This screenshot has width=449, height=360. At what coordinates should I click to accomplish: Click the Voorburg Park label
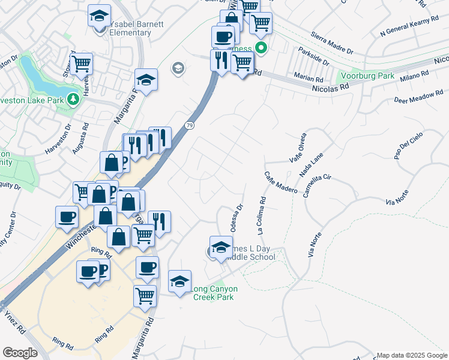click(366, 76)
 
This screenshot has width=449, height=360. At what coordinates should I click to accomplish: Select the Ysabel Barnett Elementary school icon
click(99, 17)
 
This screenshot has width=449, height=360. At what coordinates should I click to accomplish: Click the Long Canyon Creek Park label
click(214, 293)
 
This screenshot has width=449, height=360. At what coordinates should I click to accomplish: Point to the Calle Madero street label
click(281, 182)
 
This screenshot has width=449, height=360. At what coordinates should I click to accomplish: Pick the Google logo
click(20, 353)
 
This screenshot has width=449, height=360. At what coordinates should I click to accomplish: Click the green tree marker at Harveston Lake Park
click(73, 98)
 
